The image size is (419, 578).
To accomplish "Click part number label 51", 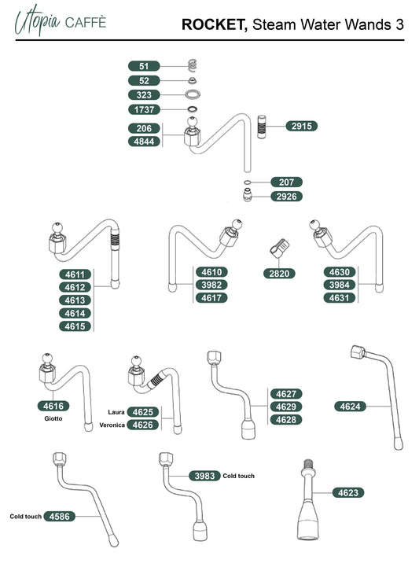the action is [x=144, y=66].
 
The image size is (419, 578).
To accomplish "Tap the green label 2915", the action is [x=301, y=126].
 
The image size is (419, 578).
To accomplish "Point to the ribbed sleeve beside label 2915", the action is [x=262, y=127].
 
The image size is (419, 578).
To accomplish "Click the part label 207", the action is [x=286, y=182].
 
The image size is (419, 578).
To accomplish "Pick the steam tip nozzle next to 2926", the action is [x=248, y=195].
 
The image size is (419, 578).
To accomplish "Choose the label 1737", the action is [x=144, y=109].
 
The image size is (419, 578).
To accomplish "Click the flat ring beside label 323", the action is [x=193, y=94].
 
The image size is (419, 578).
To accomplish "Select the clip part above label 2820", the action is [x=279, y=247].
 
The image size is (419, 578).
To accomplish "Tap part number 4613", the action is [x=75, y=300].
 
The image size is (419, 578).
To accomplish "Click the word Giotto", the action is [x=53, y=418].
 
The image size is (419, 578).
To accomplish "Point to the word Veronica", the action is [x=112, y=425].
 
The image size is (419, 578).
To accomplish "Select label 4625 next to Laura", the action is [x=142, y=412].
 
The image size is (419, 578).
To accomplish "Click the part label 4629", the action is [x=286, y=407].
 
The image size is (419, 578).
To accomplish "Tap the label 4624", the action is [x=350, y=407].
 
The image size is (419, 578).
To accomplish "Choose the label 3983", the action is [x=204, y=476].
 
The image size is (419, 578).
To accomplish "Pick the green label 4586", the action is [x=59, y=517].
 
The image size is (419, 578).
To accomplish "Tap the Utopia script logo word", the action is [x=37, y=20].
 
